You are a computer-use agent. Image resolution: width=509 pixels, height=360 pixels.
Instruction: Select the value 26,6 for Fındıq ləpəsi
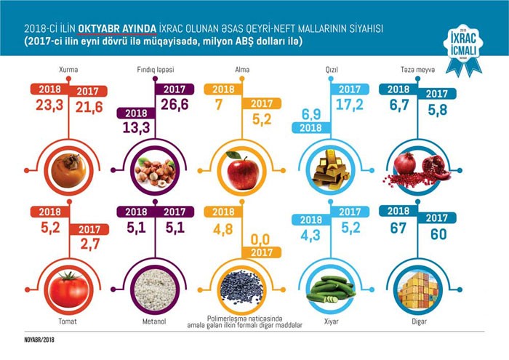tap(175, 105)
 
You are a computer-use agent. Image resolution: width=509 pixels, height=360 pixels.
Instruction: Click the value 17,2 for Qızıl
tap(350, 105)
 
